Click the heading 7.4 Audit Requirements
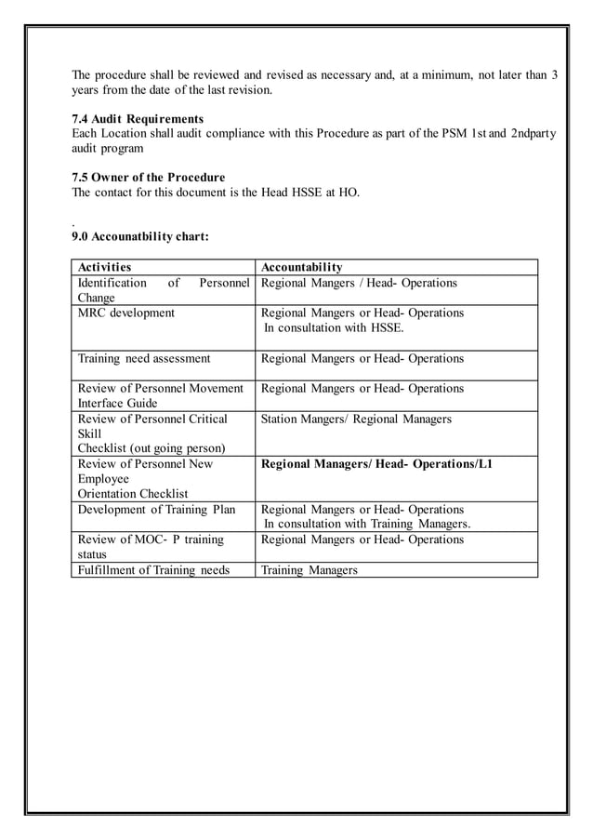coord(138,119)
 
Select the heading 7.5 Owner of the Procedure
coord(148,177)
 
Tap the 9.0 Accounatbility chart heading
coord(140,236)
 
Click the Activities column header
coord(104,267)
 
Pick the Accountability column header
coord(301,267)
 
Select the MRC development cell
coord(125,313)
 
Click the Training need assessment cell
coord(144,358)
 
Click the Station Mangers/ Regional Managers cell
coord(356,419)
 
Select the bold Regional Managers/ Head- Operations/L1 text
coord(376,463)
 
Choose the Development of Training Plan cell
coord(156,510)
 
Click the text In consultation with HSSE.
coord(334,327)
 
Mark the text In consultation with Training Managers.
coord(367,525)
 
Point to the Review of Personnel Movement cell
coord(161,389)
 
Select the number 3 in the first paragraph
coord(554,74)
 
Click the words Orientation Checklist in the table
coord(132,493)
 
